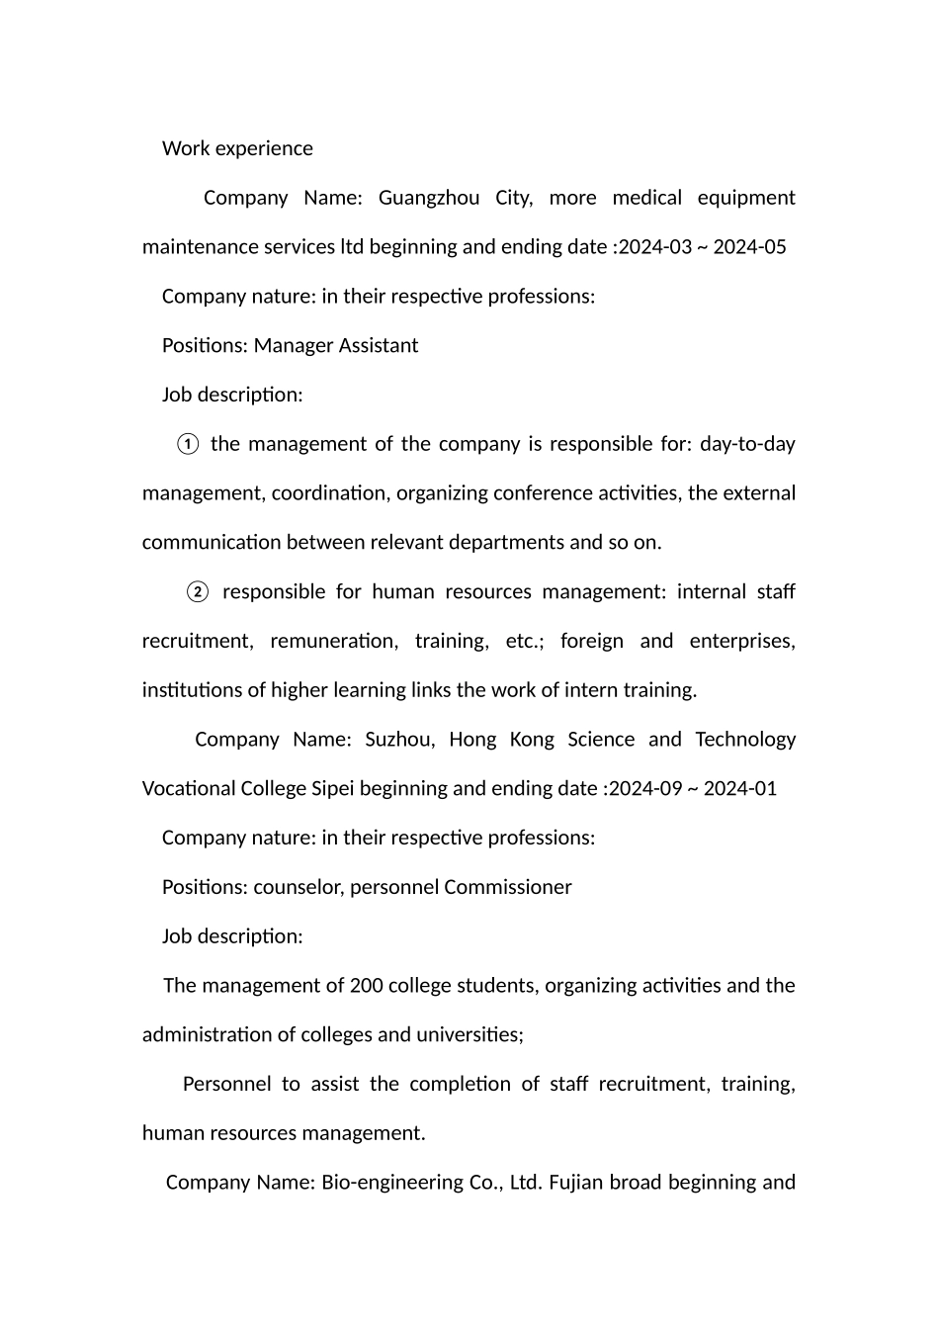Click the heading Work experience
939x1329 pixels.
pyautogui.click(x=237, y=148)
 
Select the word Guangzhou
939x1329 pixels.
pyautogui.click(x=429, y=198)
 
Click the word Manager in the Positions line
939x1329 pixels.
pyautogui.click(x=294, y=346)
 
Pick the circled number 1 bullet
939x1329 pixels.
pyautogui.click(x=188, y=445)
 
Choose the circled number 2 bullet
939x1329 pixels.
pyautogui.click(x=198, y=592)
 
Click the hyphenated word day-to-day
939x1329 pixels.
pyautogui.click(x=747, y=444)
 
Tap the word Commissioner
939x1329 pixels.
pyautogui.click(x=508, y=887)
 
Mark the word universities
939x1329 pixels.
pyautogui.click(x=469, y=1035)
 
